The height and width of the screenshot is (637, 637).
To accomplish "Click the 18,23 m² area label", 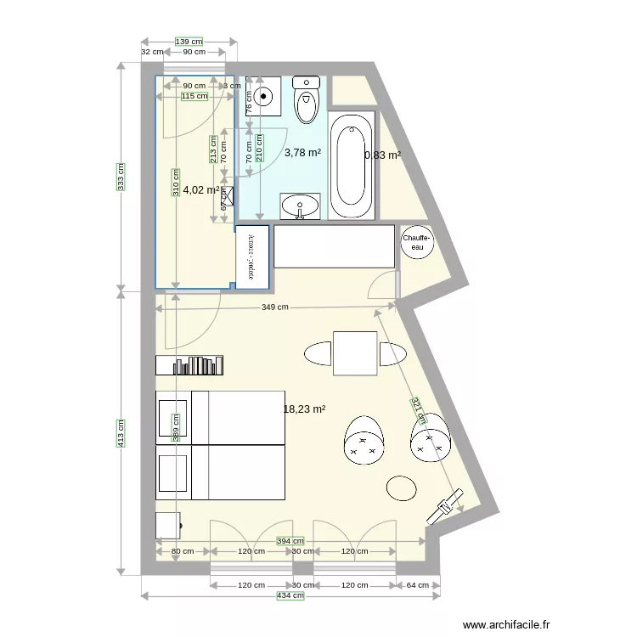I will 304,409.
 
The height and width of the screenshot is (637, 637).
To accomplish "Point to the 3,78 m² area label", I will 302,153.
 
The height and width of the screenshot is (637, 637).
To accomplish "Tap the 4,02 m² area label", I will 201,190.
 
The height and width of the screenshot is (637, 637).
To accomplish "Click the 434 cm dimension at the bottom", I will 290,596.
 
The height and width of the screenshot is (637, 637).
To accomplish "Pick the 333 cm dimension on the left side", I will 121,178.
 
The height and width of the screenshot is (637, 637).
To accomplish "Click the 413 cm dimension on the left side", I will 121,433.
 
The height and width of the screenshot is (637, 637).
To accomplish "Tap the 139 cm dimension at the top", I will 189,42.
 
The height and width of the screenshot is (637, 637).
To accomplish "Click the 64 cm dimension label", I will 417,585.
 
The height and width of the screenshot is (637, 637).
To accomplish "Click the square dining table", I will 356,353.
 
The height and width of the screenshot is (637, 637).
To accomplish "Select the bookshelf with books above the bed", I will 189,365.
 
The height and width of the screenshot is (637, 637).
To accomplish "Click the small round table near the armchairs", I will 402,488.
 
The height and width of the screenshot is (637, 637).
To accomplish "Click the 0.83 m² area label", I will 382,155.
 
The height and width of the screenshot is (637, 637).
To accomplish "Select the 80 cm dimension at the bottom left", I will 182,551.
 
